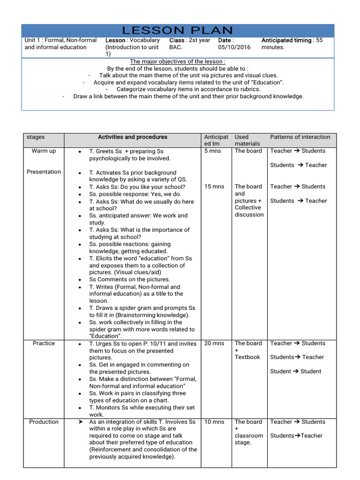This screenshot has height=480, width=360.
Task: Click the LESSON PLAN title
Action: [x=177, y=31]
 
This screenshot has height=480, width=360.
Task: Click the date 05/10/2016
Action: [x=234, y=47]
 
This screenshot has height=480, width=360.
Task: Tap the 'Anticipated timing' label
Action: [x=286, y=40]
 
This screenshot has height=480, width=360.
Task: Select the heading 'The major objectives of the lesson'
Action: [x=177, y=61]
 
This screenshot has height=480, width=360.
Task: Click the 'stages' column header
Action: [x=36, y=137]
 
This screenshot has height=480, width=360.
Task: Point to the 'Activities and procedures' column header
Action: [x=132, y=137]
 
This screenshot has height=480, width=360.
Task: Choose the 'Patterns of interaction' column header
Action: [x=300, y=137]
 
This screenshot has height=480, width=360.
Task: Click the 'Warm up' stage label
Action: [x=44, y=151]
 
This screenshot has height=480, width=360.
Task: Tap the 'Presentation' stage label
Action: [x=44, y=172]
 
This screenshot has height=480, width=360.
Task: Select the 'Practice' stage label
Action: [x=44, y=344]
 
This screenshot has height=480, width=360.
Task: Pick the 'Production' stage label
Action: [x=44, y=422]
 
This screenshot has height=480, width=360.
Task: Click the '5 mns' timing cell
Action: [x=212, y=151]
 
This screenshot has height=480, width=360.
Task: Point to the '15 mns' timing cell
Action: [x=214, y=187]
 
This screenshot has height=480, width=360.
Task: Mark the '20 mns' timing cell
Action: [x=214, y=344]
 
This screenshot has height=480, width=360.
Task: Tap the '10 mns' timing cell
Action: [x=214, y=422]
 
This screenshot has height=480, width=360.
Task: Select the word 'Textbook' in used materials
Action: [x=247, y=357]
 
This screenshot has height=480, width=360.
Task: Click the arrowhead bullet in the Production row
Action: [x=80, y=422]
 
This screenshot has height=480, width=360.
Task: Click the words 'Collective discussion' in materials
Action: [x=248, y=211]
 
